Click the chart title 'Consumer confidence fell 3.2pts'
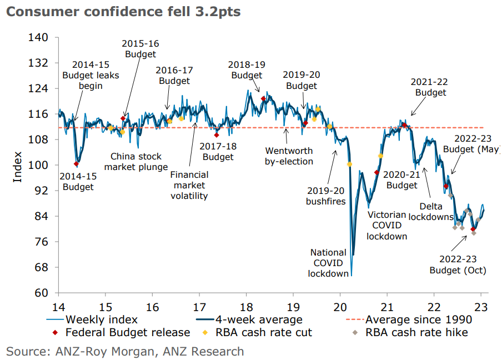click(x=123, y=12)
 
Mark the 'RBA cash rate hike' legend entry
click(x=416, y=333)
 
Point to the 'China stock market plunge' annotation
click(x=136, y=162)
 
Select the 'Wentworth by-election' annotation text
click(x=289, y=156)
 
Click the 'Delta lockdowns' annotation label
click(x=431, y=211)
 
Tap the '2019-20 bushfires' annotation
click(x=325, y=196)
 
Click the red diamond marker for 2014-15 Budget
click(x=76, y=164)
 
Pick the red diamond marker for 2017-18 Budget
click(x=217, y=135)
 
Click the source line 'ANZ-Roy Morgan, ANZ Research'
click(x=125, y=351)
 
